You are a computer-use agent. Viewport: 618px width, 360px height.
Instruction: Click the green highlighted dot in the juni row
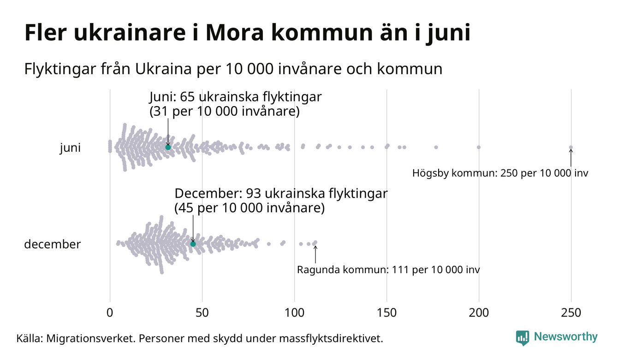(x=168, y=147)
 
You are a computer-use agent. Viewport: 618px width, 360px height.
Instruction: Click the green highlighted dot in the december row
(x=193, y=244)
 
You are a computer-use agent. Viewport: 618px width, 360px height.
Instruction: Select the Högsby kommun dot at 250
(x=571, y=148)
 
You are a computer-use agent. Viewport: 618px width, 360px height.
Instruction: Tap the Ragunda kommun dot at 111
(x=315, y=242)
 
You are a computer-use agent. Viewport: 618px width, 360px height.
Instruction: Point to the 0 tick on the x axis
(x=110, y=312)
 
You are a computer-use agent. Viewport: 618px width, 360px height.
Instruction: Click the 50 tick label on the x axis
(x=202, y=312)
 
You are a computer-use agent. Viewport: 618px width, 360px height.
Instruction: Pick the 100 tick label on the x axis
(x=294, y=312)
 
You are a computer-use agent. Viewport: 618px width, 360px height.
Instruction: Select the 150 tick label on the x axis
(x=386, y=312)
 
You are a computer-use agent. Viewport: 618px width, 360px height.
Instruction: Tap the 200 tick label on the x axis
(x=479, y=312)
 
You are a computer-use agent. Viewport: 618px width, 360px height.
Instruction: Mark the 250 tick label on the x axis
(x=571, y=312)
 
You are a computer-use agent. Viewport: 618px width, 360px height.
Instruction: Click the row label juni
(x=70, y=148)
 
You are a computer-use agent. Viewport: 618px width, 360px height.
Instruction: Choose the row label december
(x=52, y=244)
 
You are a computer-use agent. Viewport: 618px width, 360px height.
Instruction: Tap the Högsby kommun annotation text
(x=500, y=174)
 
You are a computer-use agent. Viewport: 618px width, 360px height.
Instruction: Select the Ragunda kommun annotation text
(x=388, y=270)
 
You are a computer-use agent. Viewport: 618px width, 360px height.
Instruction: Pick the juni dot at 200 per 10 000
(x=479, y=147)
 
